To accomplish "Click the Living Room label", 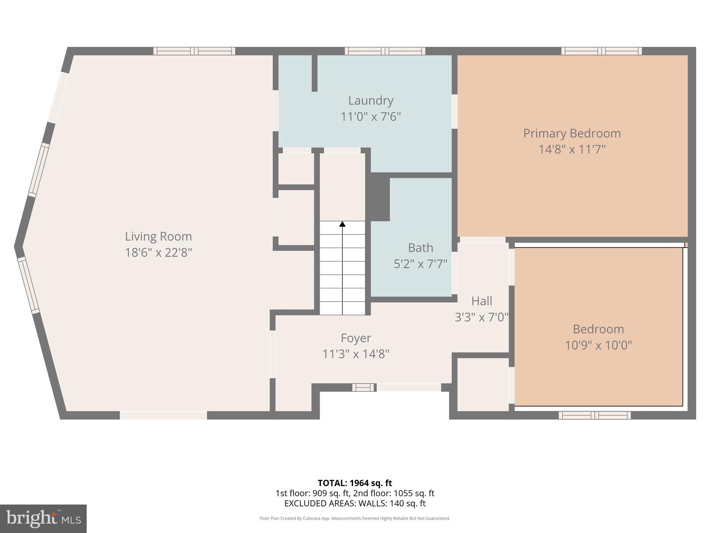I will (158, 236).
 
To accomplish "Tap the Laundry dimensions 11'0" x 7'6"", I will (371, 117).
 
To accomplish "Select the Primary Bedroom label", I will (572, 133).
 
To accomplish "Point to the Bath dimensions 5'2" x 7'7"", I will (420, 264).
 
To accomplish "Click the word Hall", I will (482, 301).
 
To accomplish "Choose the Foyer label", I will (356, 338).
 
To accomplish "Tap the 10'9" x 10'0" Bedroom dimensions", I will (598, 345).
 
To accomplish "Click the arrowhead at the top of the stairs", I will (342, 224).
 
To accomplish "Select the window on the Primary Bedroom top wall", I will (601, 51).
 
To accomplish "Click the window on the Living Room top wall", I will (194, 51).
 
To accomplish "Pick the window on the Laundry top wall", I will (385, 51).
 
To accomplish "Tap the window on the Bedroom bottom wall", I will (595, 415).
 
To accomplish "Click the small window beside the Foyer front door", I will (363, 387).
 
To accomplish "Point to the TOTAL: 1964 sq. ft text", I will (355, 483).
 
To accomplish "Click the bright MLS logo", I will (43, 519).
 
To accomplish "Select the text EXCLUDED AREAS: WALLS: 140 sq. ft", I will (355, 504).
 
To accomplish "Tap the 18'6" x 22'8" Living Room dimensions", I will (158, 252).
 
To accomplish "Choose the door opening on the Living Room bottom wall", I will (163, 415).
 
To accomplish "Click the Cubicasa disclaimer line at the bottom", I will (355, 518).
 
